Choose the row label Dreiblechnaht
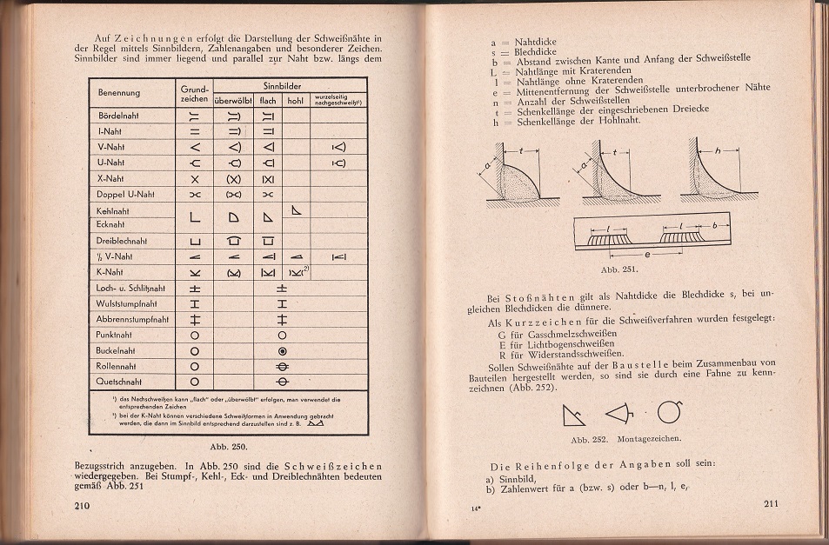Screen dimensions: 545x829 coord(122,241)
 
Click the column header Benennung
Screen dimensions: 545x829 coord(119,92)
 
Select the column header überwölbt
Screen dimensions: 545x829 coord(232,98)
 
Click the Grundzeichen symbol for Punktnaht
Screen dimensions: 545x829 coord(194,335)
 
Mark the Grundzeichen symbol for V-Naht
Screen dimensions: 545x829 coord(194,146)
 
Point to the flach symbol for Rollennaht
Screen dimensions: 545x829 coord(282,366)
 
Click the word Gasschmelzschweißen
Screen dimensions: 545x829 coord(571,333)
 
